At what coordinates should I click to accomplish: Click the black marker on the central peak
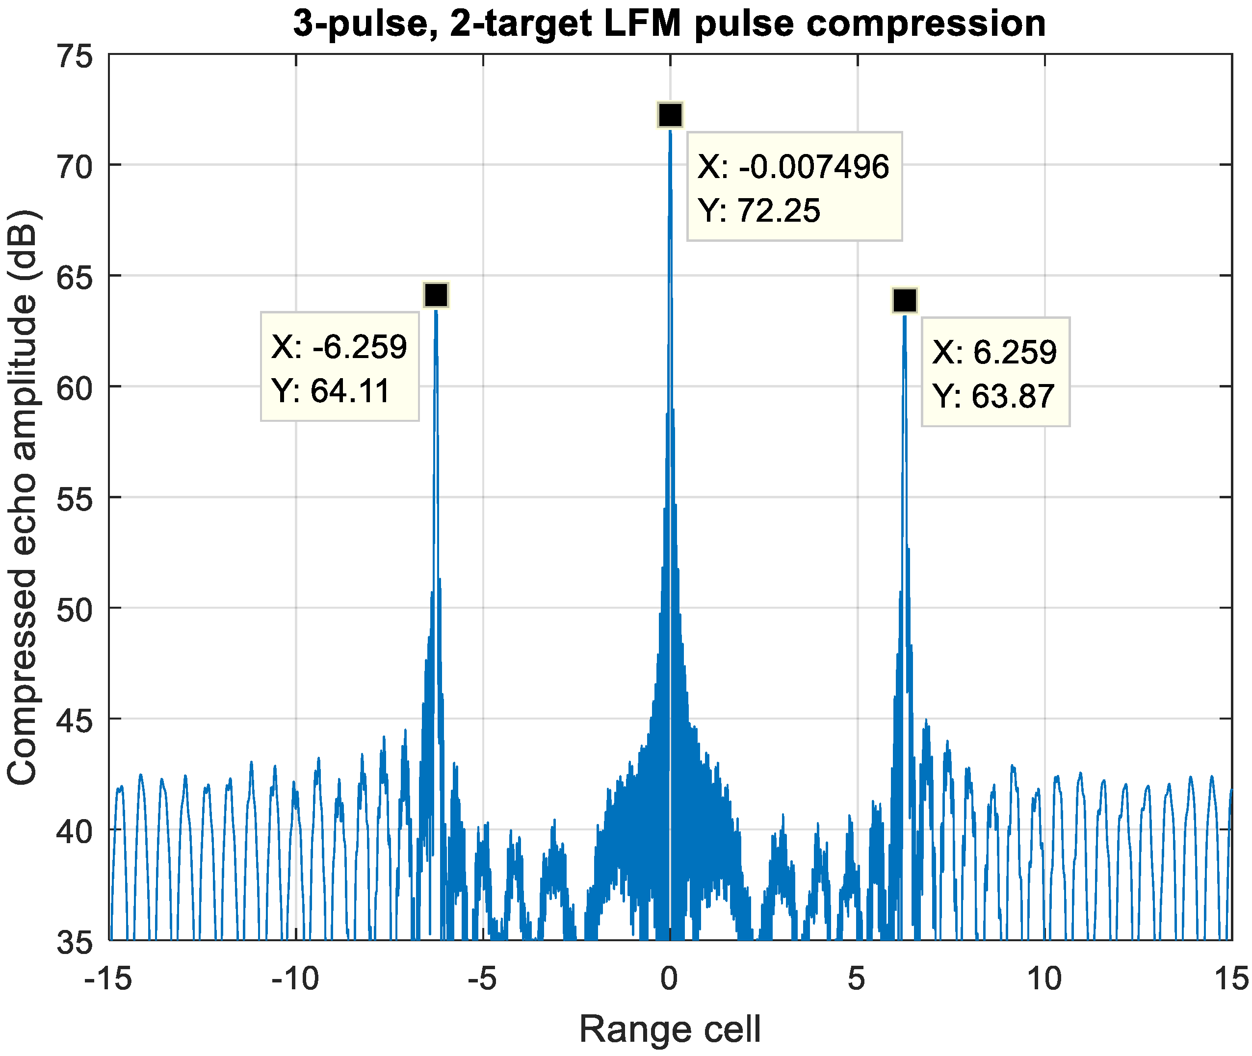[670, 114]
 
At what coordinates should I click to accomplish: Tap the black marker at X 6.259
[904, 300]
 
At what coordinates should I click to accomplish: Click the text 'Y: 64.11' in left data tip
[331, 391]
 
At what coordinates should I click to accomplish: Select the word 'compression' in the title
[926, 24]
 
